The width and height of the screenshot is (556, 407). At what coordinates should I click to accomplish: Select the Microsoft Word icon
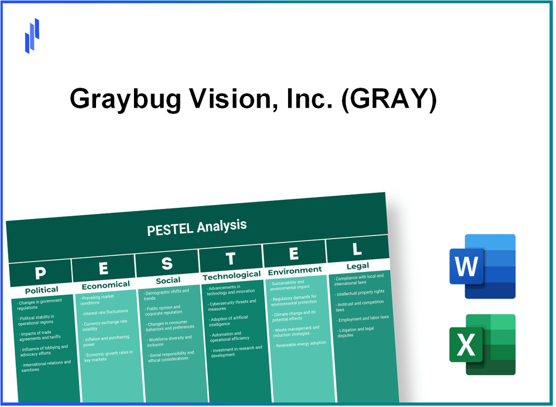(482, 266)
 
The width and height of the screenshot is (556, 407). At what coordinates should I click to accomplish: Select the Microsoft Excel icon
(482, 344)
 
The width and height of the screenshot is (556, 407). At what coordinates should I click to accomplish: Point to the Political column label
(41, 290)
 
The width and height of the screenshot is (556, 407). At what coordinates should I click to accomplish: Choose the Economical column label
(106, 285)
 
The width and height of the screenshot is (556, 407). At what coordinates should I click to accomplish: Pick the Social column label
(168, 280)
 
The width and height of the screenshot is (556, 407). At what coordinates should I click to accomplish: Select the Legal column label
(358, 265)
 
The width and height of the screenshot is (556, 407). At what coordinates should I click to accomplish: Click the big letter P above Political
(40, 274)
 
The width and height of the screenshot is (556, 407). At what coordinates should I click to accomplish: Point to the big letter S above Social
(167, 263)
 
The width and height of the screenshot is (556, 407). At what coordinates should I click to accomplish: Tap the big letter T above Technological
(230, 258)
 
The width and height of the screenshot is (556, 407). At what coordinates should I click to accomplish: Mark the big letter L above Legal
(356, 249)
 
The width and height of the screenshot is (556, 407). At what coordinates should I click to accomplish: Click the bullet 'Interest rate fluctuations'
(106, 312)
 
